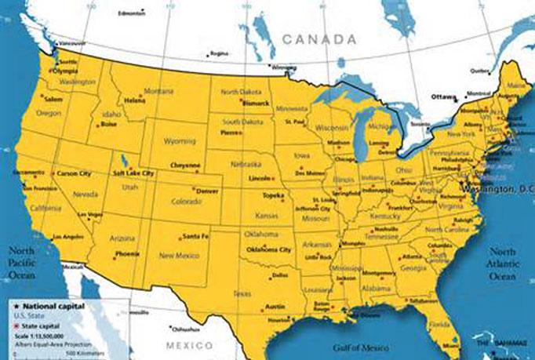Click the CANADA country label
[x=319, y=38]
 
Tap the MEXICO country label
[x=189, y=345]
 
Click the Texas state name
[x=242, y=293]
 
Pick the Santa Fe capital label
[x=195, y=235]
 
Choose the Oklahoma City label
[x=269, y=249]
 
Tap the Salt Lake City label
[x=133, y=173]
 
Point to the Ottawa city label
[x=443, y=96]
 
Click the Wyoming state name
[x=180, y=141]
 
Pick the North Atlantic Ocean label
[x=502, y=264]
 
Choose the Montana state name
[x=158, y=91]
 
